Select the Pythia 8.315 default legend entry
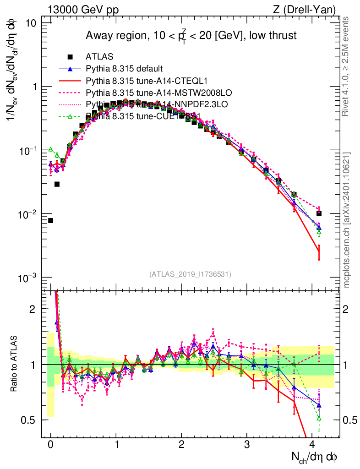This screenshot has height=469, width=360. click(x=124, y=69)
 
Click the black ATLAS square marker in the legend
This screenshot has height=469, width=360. click(x=70, y=57)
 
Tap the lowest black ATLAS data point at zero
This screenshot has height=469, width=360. click(x=51, y=220)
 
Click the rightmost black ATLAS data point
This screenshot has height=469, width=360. click(x=319, y=213)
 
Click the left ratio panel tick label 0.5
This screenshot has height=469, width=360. click(x=32, y=420)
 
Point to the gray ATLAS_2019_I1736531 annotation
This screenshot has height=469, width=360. click(x=190, y=274)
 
